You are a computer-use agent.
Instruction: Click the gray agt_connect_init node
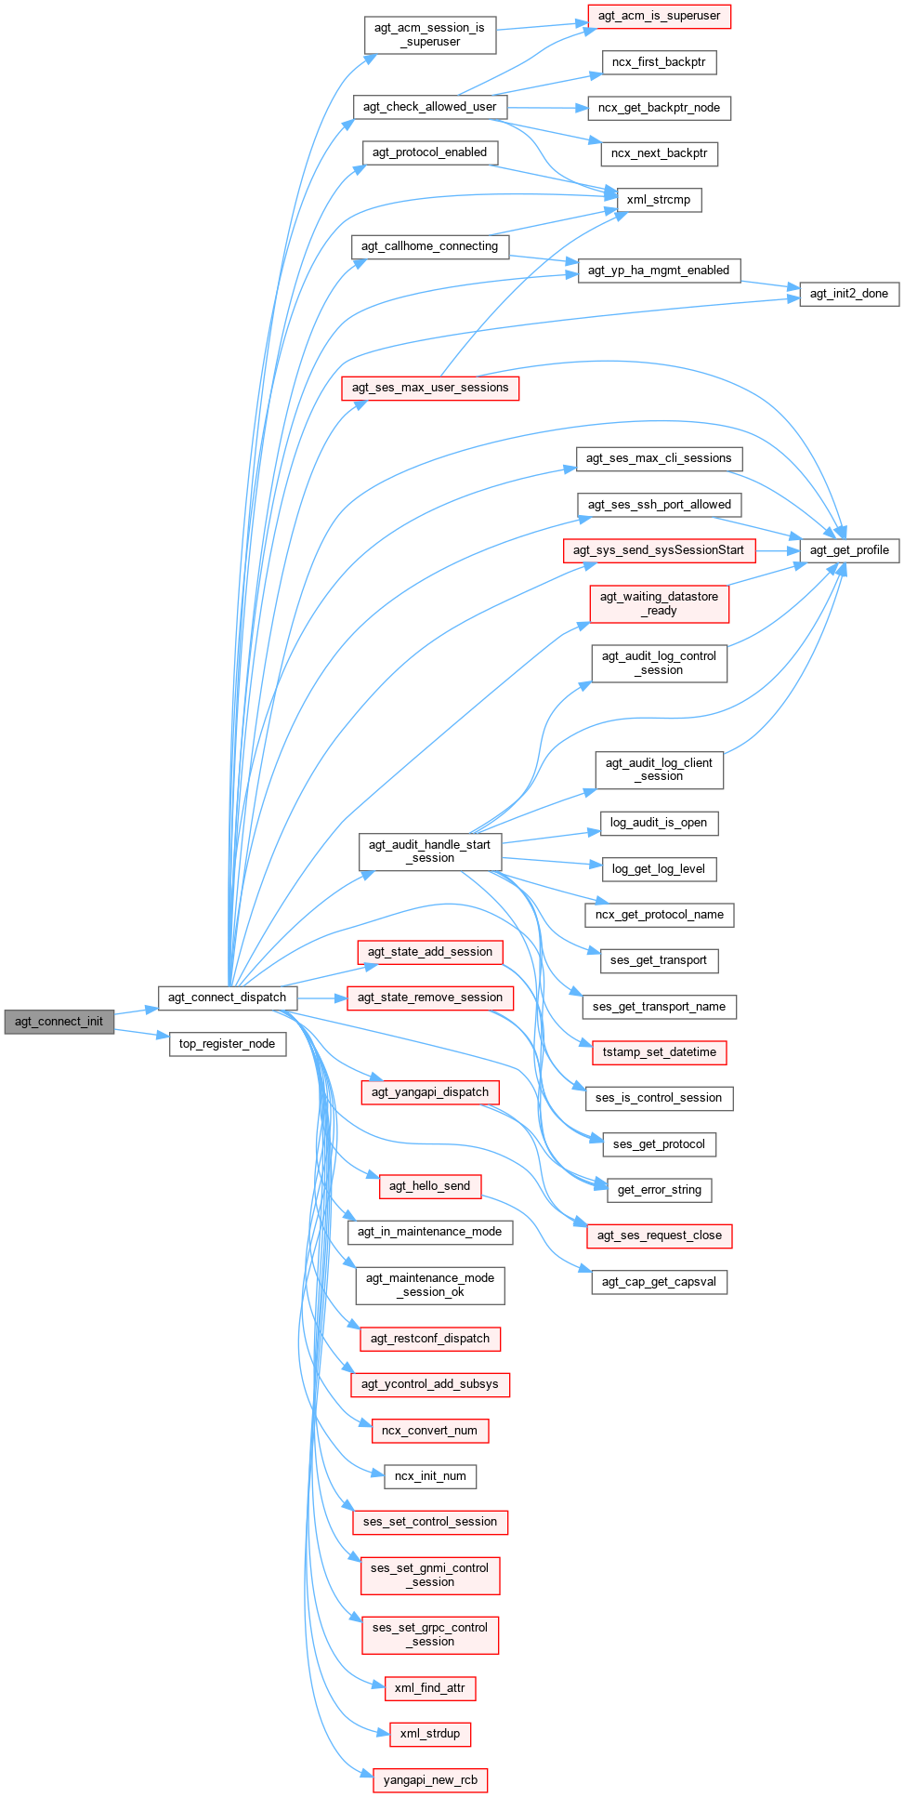(x=59, y=1021)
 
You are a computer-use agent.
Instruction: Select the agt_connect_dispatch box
(x=227, y=998)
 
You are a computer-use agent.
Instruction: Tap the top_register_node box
(x=227, y=1044)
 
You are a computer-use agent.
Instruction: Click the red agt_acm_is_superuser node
(x=659, y=16)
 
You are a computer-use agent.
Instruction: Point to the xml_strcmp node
(x=659, y=200)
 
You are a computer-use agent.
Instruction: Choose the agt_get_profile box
(x=849, y=550)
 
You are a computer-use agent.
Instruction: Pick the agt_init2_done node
(x=849, y=294)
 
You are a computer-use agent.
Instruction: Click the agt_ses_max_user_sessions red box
(x=430, y=388)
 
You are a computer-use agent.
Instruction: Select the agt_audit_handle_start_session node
(x=429, y=852)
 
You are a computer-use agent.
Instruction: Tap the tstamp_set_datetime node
(x=659, y=1052)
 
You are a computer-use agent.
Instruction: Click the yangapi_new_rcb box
(x=430, y=1780)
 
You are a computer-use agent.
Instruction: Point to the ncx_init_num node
(x=430, y=1476)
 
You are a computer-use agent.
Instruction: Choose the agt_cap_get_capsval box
(x=659, y=1282)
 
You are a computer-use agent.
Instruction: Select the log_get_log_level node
(x=659, y=869)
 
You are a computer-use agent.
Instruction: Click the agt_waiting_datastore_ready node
(x=659, y=603)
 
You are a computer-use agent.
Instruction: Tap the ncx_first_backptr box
(x=659, y=62)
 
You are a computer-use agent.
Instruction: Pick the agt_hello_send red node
(x=429, y=1186)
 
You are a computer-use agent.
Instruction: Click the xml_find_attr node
(x=429, y=1688)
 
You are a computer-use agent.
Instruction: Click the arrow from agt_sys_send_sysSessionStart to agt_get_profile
(x=777, y=550)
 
